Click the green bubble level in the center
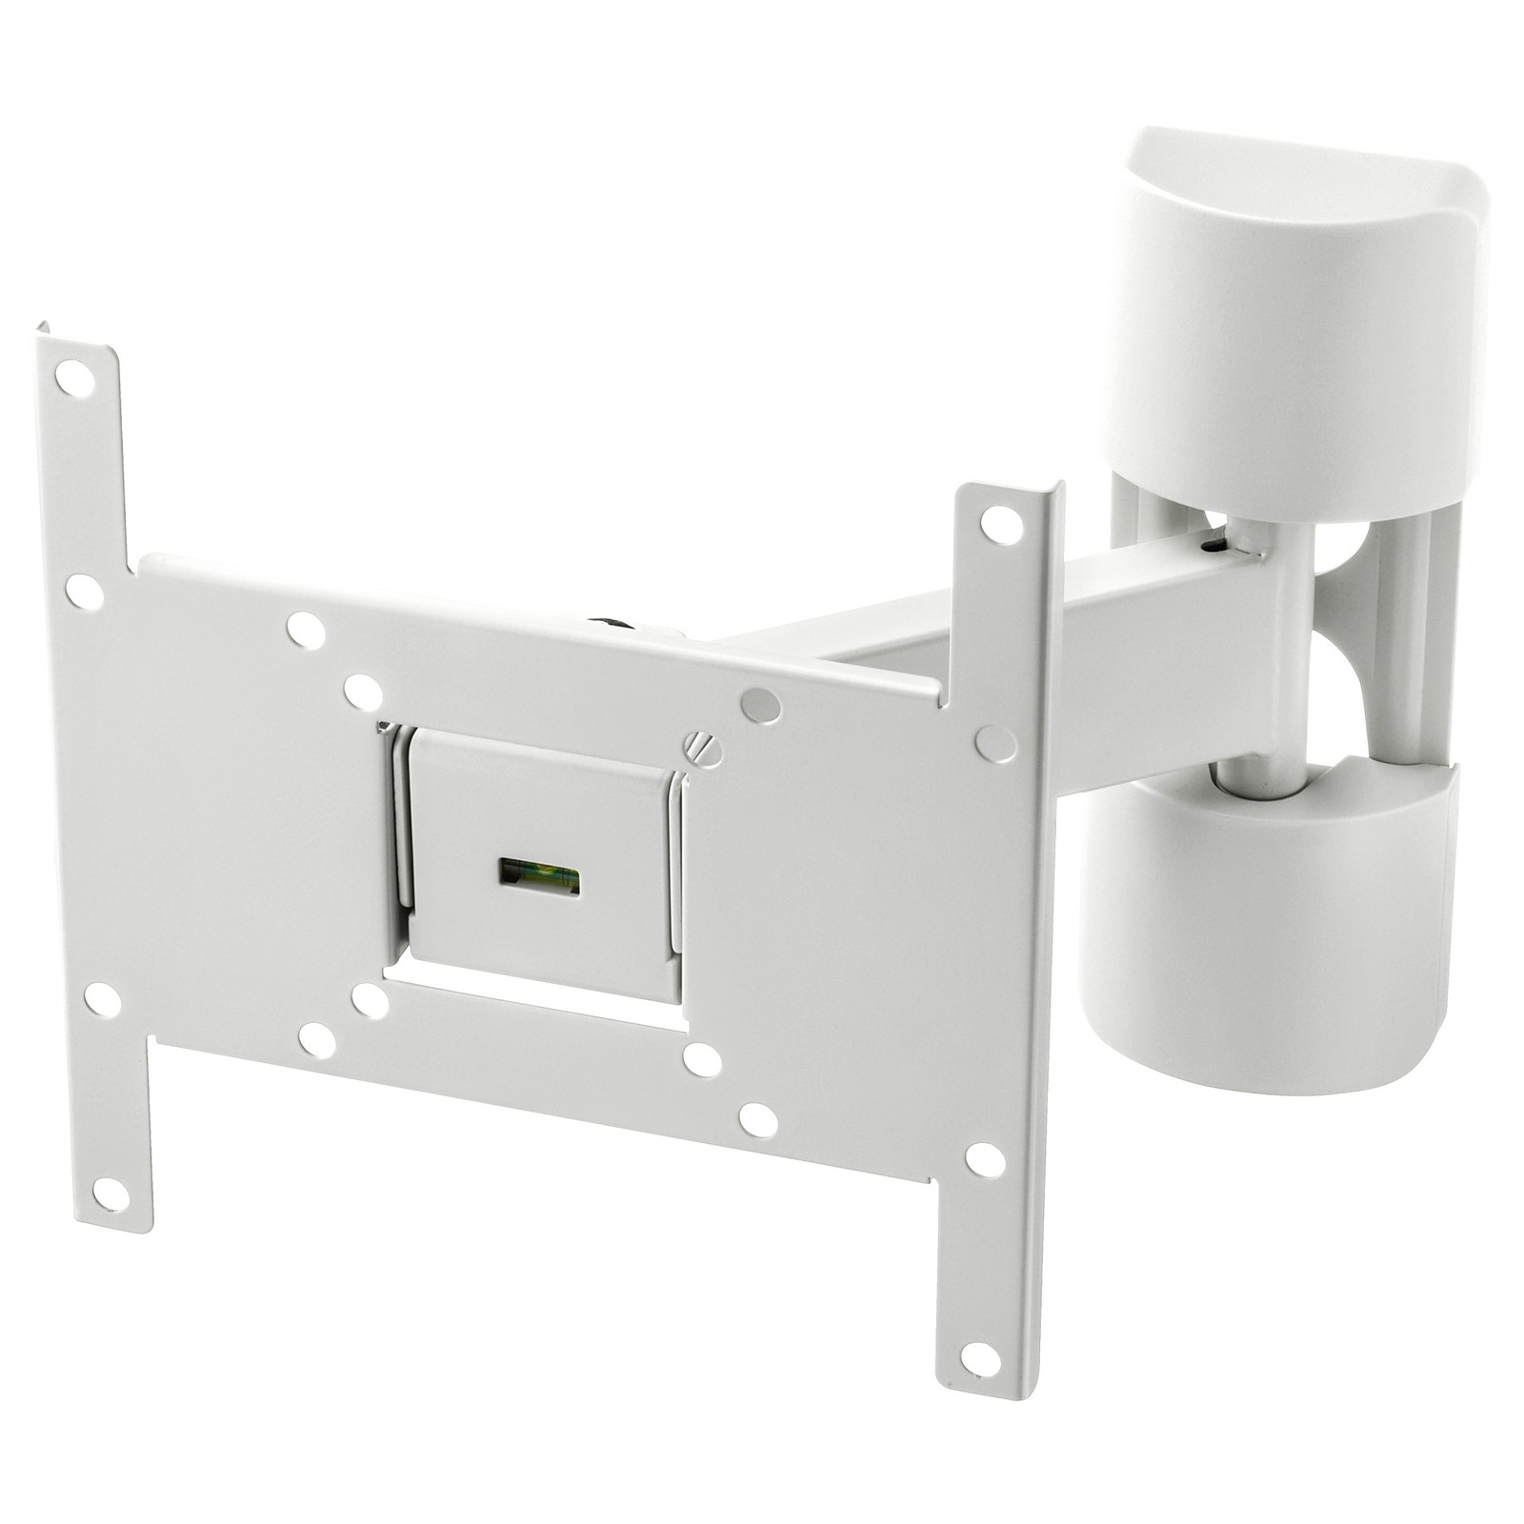(x=539, y=875)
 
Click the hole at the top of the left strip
(x=74, y=379)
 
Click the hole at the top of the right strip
(x=1002, y=523)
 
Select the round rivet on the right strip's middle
(x=995, y=743)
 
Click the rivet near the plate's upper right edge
(x=760, y=706)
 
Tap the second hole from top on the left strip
(x=84, y=592)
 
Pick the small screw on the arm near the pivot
(x=1213, y=546)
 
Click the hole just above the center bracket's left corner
(x=362, y=692)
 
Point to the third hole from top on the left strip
(x=102, y=1000)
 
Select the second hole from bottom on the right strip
(x=985, y=1159)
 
